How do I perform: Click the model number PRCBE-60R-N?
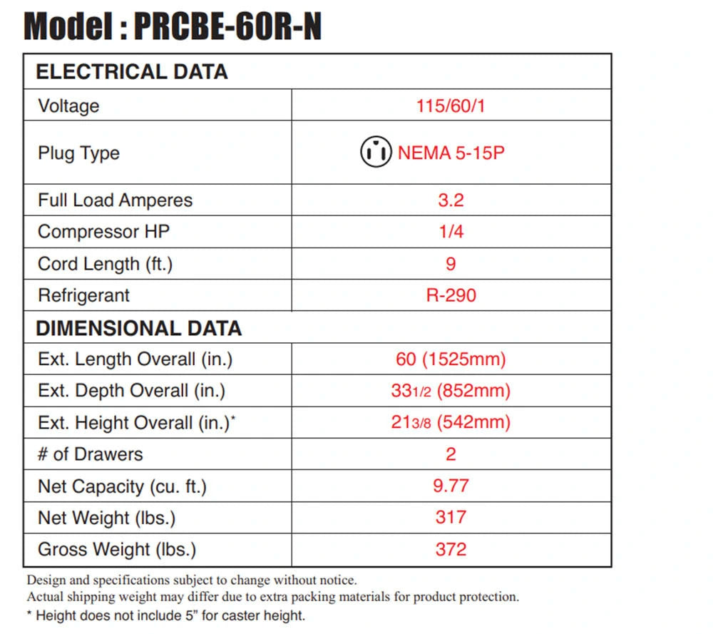click(x=228, y=26)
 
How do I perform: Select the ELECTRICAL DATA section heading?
click(x=132, y=72)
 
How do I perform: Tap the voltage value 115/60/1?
click(x=451, y=106)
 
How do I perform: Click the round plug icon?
click(x=376, y=152)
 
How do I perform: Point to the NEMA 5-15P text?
click(x=451, y=153)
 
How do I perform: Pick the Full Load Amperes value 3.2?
click(x=451, y=200)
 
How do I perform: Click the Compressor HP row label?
click(x=103, y=232)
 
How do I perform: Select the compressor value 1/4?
click(x=451, y=232)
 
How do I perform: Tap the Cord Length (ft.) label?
click(x=105, y=264)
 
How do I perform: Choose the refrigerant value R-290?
click(x=451, y=296)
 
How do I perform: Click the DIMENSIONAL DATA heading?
click(x=139, y=328)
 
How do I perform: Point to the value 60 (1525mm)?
click(x=451, y=359)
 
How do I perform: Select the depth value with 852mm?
click(x=451, y=391)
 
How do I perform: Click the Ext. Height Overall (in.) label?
click(x=137, y=423)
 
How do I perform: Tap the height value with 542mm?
click(x=451, y=422)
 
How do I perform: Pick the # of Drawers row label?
click(x=91, y=454)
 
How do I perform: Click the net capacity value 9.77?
click(x=451, y=486)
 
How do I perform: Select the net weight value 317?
click(x=451, y=518)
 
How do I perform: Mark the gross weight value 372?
click(x=451, y=549)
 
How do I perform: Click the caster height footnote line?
click(x=166, y=615)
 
